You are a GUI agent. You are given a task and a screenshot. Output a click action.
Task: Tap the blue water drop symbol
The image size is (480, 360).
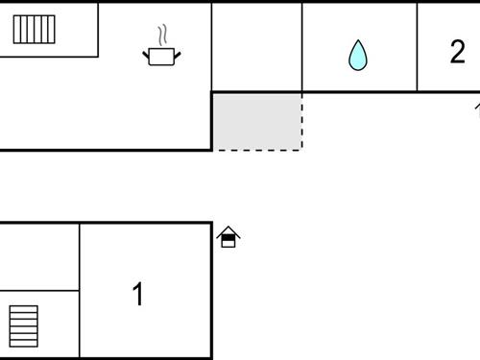[357, 55]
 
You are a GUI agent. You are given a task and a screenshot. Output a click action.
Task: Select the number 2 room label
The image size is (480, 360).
[457, 52]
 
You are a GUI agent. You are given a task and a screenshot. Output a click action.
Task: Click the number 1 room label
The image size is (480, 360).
[138, 294]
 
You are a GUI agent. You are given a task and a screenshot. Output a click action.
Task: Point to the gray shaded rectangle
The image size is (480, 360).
[257, 121]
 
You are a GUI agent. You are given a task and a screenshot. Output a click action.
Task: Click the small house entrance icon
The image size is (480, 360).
[228, 237]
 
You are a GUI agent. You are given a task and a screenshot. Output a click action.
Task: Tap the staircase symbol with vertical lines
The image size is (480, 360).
[34, 29]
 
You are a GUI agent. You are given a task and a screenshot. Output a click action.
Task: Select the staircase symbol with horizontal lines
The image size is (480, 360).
[24, 325]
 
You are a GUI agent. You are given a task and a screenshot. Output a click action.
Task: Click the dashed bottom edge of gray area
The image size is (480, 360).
[257, 150]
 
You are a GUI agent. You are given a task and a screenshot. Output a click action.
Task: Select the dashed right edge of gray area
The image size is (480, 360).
[302, 121]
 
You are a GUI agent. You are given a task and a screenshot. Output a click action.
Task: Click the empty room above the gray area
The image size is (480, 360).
[256, 46]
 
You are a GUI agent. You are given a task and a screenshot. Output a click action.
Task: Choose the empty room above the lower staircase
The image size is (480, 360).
[38, 256]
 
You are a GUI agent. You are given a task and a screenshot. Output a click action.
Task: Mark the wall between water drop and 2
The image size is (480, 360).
[417, 46]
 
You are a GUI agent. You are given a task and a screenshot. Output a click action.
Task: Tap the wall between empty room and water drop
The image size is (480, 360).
[302, 46]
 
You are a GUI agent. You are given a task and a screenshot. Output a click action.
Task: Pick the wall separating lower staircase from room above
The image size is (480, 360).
[38, 290]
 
